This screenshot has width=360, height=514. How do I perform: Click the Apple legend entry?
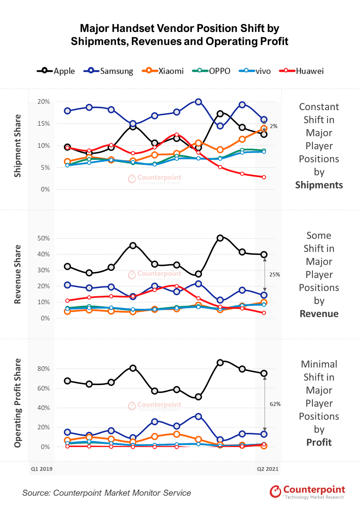pos(56,71)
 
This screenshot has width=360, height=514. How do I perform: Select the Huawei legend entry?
pos(302,71)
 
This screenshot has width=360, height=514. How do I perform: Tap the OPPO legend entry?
pos(211,71)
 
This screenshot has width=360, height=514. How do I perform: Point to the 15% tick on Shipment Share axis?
pos(44,124)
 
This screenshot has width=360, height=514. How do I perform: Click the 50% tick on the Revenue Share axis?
pos(44,238)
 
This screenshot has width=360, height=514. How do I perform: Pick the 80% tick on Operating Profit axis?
pos(44,369)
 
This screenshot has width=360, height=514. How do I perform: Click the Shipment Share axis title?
pos(18,146)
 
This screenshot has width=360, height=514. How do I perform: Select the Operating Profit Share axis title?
pos(18,403)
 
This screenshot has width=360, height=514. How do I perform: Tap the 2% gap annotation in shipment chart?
pos(273,126)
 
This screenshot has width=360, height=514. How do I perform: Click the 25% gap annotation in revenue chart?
pos(274,274)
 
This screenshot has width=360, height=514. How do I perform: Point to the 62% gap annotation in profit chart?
pos(275,404)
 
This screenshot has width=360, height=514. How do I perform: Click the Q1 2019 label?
pos(42,469)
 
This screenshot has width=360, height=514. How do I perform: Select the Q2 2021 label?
pos(268,469)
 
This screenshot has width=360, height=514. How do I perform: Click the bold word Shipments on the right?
pos(319,185)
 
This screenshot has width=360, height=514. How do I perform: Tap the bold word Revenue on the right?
pos(319,314)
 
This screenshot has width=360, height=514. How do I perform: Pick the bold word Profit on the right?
pos(319,442)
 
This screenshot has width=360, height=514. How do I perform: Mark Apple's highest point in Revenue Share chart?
pos(220,238)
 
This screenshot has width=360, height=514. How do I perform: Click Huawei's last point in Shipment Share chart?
pos(264,177)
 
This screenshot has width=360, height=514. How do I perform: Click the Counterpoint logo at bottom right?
pos(307,492)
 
